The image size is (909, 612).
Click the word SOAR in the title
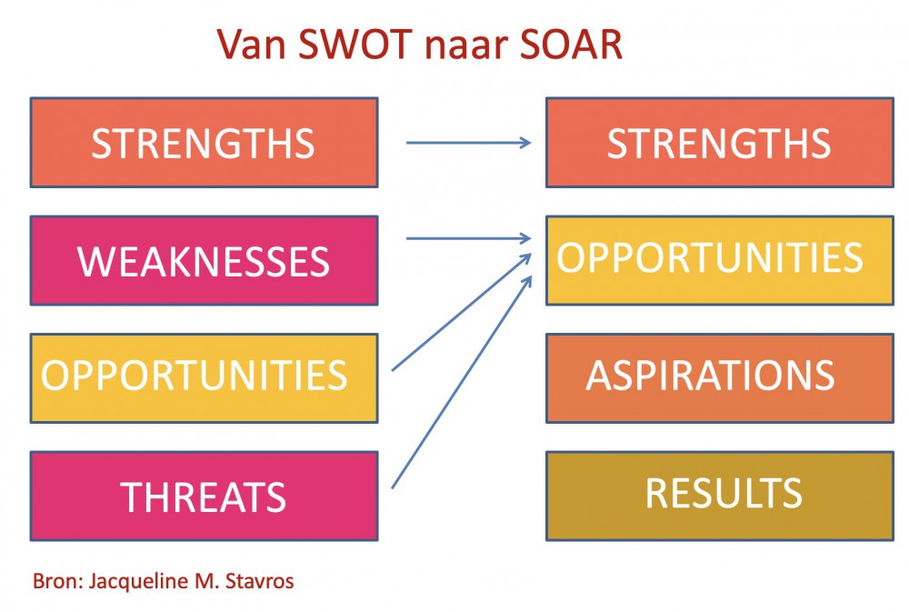(571, 44)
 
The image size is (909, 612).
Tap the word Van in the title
(252, 44)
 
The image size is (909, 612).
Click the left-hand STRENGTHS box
(204, 143)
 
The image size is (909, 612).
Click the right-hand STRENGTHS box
(719, 143)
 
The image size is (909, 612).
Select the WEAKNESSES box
(204, 260)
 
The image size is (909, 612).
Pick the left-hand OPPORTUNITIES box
(204, 378)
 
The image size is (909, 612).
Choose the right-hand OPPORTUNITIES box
(719, 260)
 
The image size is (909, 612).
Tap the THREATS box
(204, 496)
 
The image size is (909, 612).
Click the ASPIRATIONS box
(719, 378)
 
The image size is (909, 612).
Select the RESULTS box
(719, 496)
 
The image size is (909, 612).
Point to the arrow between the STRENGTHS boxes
(468, 142)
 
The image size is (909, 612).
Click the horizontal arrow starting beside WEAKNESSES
(468, 238)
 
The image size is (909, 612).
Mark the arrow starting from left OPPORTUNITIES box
(462, 312)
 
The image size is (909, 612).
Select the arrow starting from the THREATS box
(462, 382)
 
